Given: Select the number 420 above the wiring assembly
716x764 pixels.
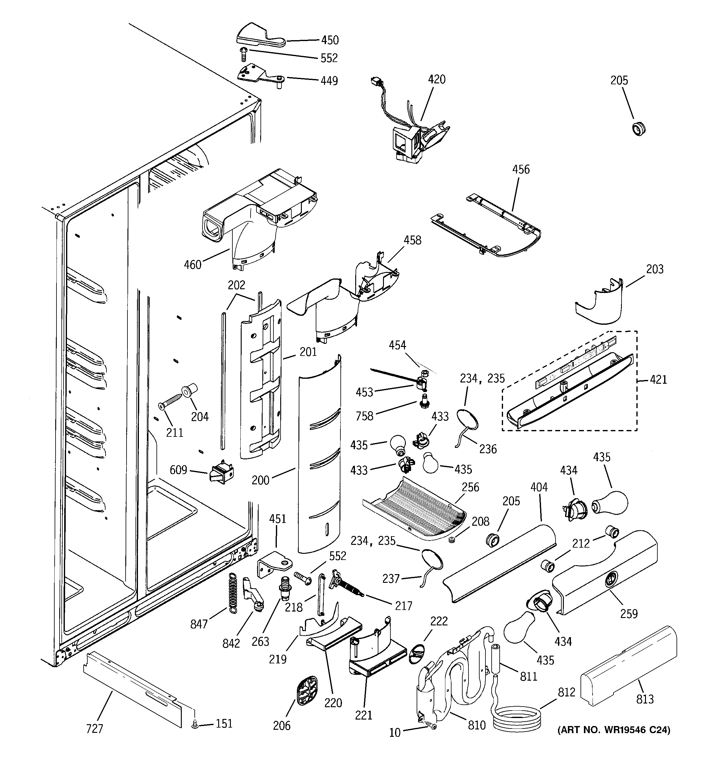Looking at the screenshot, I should (x=437, y=80).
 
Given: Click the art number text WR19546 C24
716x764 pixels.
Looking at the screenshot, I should (x=614, y=730).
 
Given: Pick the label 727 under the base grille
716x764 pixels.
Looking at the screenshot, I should (x=94, y=728).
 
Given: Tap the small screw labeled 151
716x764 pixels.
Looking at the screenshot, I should (x=194, y=724).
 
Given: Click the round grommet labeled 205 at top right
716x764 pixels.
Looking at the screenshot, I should (x=638, y=128).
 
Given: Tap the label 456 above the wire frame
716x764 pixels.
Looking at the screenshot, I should (x=521, y=169).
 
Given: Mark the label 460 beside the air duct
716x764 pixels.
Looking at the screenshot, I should (x=193, y=265).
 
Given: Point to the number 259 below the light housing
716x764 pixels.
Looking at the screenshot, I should (x=628, y=614).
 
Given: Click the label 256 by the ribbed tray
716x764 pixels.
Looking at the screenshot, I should (x=470, y=487).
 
